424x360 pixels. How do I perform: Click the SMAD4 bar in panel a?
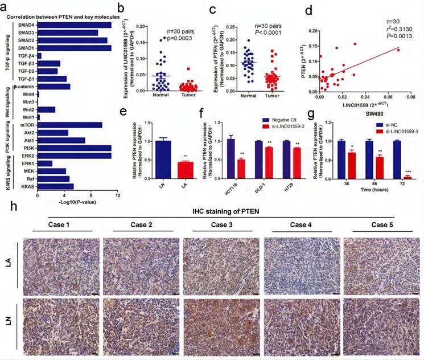click(74, 25)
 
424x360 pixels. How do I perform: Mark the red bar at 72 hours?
click(407, 178)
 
